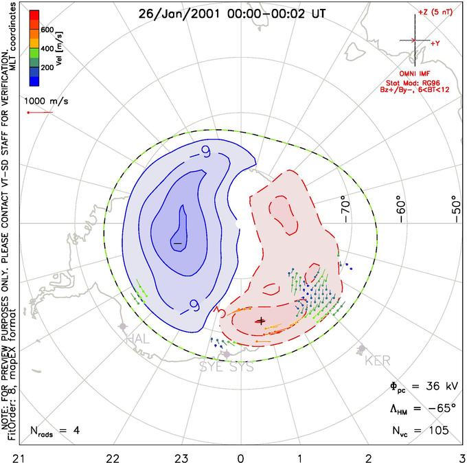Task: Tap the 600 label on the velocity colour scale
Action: pos(47,30)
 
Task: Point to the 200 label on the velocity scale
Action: pos(47,68)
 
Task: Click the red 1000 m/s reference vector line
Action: pos(39,113)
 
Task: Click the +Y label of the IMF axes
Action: pos(435,43)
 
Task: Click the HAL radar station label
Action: pos(137,339)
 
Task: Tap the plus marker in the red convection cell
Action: pos(260,320)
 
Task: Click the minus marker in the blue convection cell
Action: pos(177,243)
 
